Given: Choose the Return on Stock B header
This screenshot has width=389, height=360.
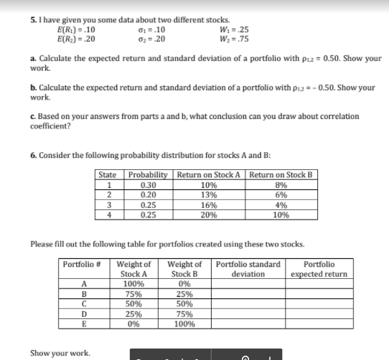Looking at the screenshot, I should (276, 174).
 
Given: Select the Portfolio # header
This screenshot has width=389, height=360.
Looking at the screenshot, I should (83, 265).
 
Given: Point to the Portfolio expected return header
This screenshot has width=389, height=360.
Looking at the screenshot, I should (319, 269).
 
